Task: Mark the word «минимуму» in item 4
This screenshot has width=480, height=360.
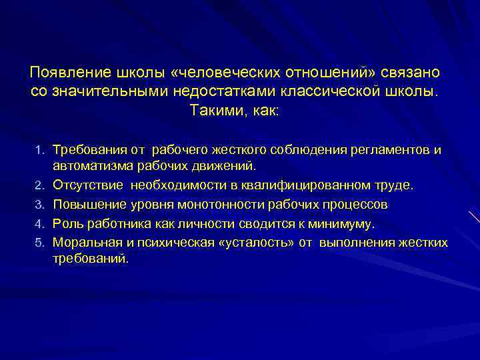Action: click(343, 223)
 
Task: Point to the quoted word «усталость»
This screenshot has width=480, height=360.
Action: click(257, 241)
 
